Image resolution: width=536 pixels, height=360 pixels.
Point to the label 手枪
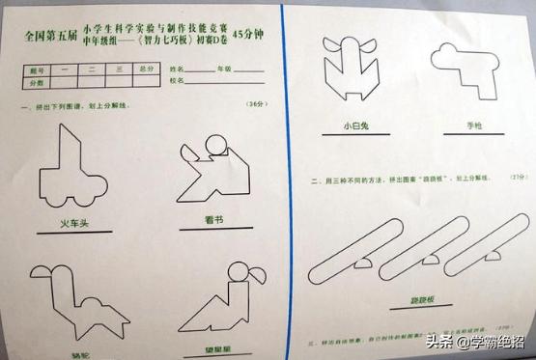(x=446, y=125)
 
